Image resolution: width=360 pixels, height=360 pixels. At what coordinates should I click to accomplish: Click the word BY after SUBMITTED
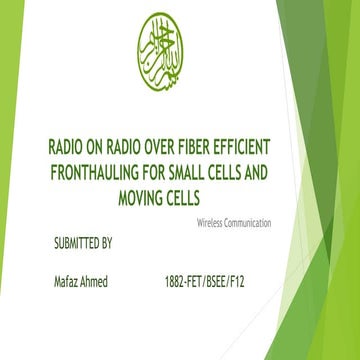pyautogui.click(x=108, y=243)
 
